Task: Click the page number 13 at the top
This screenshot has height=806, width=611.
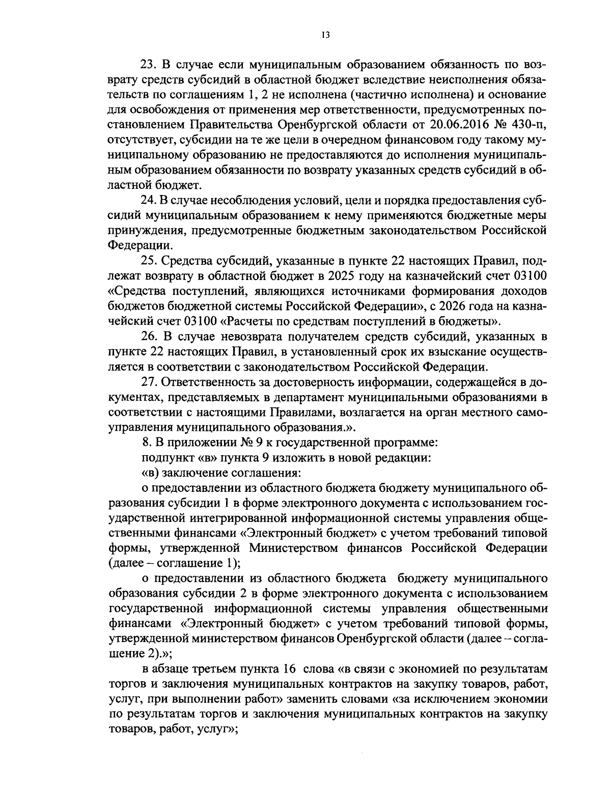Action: pyautogui.click(x=326, y=35)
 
